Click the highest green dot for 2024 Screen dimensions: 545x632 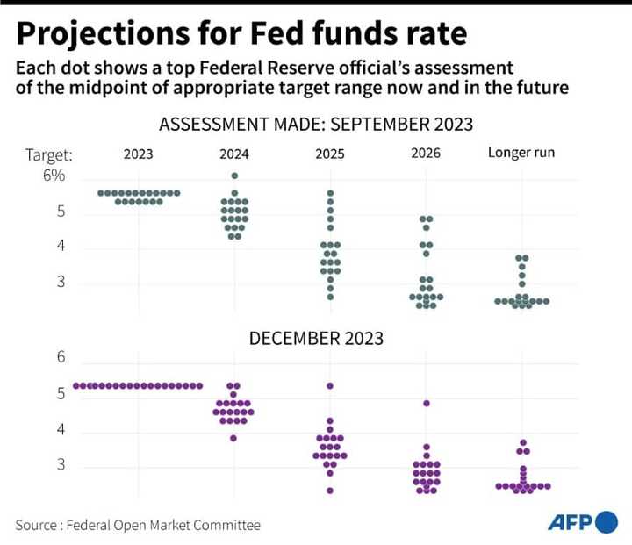[234, 176]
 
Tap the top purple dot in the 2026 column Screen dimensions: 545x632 [427, 404]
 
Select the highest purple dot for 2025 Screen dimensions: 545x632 [330, 386]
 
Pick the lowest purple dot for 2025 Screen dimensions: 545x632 [330, 490]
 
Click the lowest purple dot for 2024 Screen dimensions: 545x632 [233, 438]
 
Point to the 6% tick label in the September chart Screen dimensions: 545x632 [54, 176]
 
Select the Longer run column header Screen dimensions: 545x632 [521, 154]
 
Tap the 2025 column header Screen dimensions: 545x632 [330, 154]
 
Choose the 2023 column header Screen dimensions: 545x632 [138, 154]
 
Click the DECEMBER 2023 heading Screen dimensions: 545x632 [316, 338]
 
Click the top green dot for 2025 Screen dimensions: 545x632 [330, 193]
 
